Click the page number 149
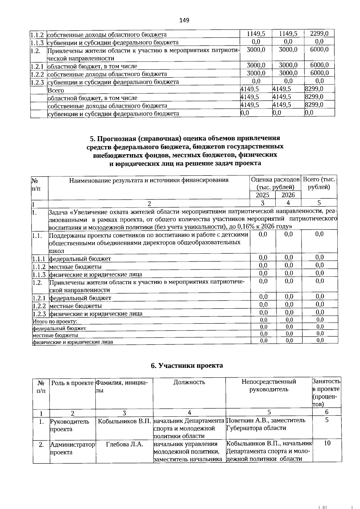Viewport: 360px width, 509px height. point(184,20)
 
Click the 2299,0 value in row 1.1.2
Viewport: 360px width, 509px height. point(319,34)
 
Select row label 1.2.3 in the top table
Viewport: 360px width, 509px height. point(38,82)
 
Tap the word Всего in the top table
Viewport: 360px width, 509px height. point(56,90)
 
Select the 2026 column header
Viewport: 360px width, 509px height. point(288,195)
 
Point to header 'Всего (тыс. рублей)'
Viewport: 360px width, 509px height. point(319,183)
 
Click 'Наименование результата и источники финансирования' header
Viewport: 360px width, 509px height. point(149,180)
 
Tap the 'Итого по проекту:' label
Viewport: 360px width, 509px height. point(55,321)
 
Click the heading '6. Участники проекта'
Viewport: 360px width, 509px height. point(187,365)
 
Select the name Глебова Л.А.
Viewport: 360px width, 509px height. point(124,444)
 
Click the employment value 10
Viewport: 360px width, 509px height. point(327,443)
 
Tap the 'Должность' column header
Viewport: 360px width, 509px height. point(189,382)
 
